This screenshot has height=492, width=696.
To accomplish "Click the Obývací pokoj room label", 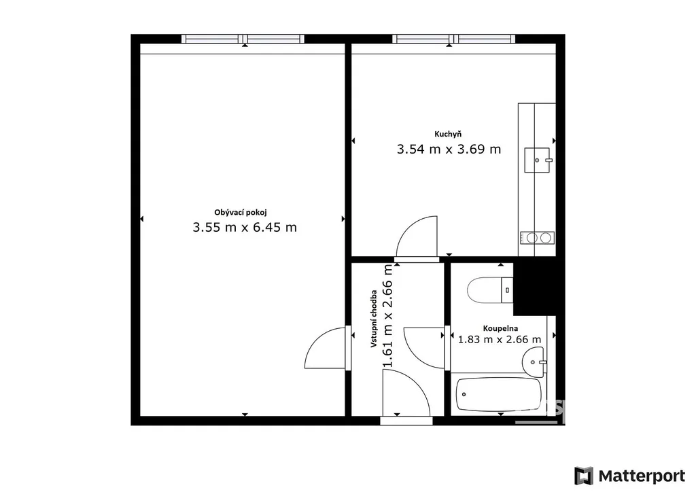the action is click(240, 213).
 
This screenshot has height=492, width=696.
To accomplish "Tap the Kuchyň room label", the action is click(448, 134).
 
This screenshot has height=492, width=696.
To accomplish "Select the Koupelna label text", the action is click(500, 329).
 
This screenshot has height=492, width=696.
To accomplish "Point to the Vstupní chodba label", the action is click(374, 318).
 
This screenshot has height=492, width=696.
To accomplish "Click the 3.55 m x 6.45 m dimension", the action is click(245, 228).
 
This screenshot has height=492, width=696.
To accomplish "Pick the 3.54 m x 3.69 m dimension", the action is click(449, 149).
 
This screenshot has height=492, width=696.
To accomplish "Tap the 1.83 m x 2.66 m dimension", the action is click(500, 340).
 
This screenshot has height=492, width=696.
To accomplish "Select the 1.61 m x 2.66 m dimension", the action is click(387, 316).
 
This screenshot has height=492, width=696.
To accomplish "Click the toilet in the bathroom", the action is click(490, 290).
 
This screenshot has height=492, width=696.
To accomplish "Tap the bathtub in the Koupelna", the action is click(499, 394).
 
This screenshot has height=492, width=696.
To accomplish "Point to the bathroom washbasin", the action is click(534, 362).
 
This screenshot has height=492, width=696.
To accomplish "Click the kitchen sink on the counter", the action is click(538, 160).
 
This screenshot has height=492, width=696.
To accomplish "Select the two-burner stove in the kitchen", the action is click(537, 239).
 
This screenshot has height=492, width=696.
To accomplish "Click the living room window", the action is click(243, 39).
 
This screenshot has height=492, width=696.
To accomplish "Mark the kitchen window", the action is click(453, 39).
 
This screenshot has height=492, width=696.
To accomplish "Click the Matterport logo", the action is click(629, 476).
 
